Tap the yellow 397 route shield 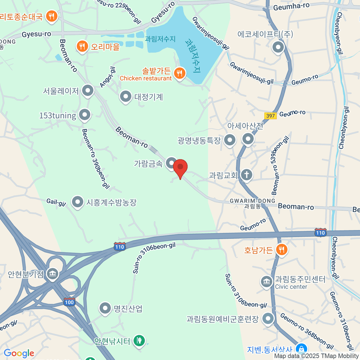[270, 116]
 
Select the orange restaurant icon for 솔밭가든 [180, 73]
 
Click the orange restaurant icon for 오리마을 [82, 46]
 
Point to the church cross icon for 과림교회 [247, 175]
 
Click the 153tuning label [58, 115]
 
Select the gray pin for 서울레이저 [88, 91]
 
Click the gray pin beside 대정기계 [125, 97]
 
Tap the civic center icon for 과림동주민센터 [266, 282]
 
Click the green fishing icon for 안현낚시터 [139, 340]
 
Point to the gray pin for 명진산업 [105, 308]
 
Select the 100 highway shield [69, 302]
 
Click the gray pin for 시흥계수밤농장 [78, 202]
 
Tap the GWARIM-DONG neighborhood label [252, 201]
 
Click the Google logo [19, 353]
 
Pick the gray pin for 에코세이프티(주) [278, 47]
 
